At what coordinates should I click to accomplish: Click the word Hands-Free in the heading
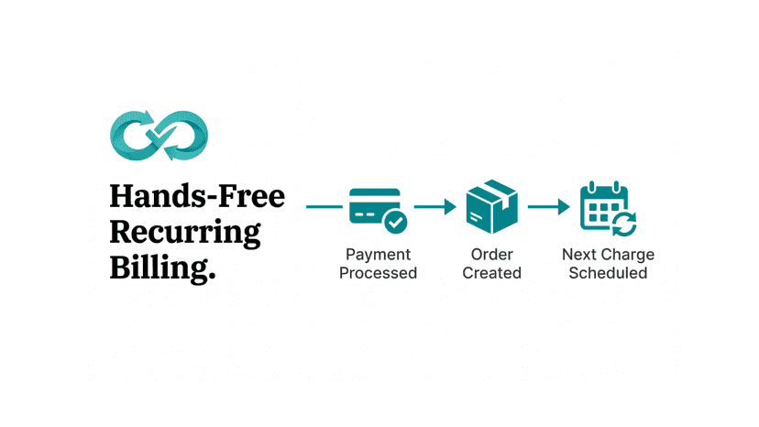(197, 197)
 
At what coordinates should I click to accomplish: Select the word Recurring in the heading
(185, 234)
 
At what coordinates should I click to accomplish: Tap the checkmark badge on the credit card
(395, 223)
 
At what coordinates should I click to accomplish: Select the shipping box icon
(492, 207)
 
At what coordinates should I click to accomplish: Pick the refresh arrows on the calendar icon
(624, 224)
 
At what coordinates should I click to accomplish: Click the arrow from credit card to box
(435, 207)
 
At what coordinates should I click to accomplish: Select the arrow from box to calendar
(549, 207)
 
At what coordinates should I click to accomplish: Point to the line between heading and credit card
(324, 207)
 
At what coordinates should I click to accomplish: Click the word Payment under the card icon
(378, 255)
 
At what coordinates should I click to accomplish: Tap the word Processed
(378, 273)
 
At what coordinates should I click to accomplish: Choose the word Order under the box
(492, 255)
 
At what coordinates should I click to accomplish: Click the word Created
(492, 273)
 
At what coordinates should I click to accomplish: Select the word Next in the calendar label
(579, 255)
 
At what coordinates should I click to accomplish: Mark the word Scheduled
(608, 273)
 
